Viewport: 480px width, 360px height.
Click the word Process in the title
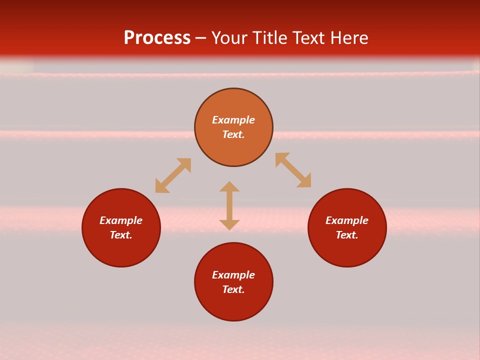coord(157,38)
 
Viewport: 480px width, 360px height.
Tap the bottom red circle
coord(233,306)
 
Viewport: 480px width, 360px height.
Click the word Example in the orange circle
coord(233,120)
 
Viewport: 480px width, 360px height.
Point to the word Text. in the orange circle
coord(233,134)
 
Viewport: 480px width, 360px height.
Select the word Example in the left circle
coord(121,220)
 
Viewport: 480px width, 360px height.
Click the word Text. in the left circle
coord(121,235)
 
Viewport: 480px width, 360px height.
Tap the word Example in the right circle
coord(347,220)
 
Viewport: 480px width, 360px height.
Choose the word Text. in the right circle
coord(347,235)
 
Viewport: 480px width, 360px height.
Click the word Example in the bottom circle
coord(233,275)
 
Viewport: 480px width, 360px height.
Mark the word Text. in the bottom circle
coord(233,289)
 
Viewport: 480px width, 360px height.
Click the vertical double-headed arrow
coord(229,205)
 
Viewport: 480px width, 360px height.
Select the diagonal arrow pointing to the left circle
coord(173,175)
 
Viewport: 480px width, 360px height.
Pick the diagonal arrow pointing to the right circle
coord(293,170)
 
